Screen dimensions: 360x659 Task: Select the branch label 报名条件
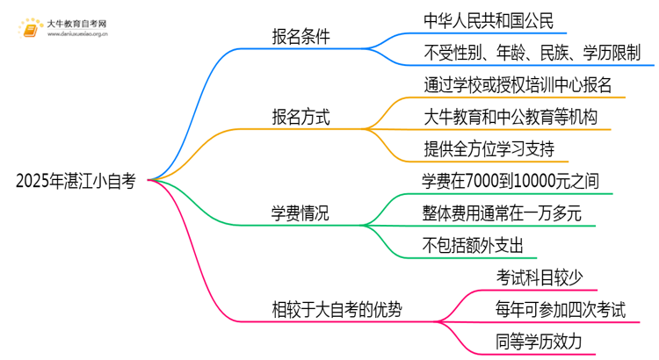click(301, 38)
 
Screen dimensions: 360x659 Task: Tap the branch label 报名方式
click(301, 117)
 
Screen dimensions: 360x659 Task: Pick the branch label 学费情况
click(301, 212)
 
